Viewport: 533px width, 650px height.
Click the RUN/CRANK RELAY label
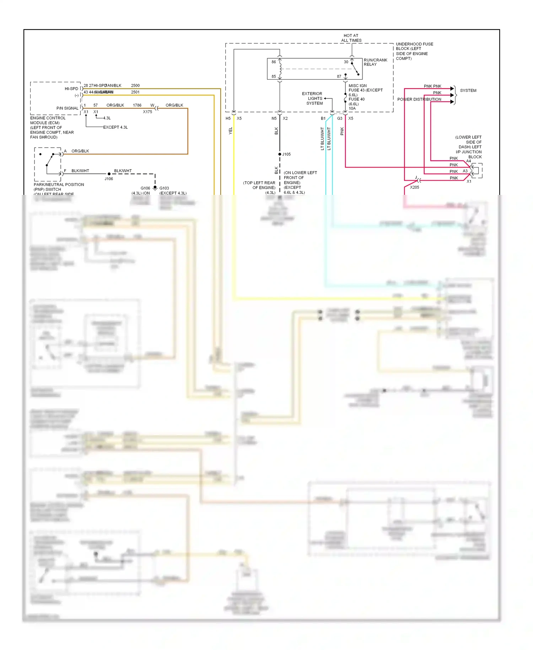[375, 62]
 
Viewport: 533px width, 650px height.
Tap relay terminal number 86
[274, 62]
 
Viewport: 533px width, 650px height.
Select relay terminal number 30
[346, 62]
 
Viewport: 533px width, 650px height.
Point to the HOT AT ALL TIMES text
[351, 38]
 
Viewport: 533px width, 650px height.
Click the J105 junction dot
[280, 154]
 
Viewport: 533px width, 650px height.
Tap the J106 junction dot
[109, 174]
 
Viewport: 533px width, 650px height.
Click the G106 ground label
[145, 188]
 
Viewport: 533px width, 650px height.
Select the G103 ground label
[164, 188]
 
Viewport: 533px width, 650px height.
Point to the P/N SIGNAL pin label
[67, 108]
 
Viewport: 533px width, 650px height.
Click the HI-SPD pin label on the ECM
[71, 89]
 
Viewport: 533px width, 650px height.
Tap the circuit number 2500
[135, 86]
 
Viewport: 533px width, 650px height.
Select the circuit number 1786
[137, 105]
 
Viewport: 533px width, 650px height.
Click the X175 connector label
[147, 112]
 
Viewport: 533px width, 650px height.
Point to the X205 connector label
[414, 187]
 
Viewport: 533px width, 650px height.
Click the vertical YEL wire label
[230, 130]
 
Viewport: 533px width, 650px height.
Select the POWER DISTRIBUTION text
[419, 100]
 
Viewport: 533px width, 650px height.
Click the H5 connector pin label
[228, 118]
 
